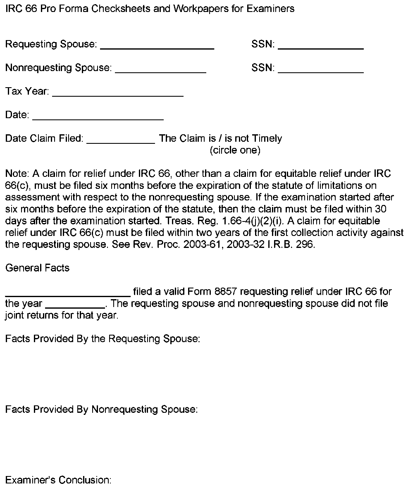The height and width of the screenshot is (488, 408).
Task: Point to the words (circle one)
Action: [x=235, y=150]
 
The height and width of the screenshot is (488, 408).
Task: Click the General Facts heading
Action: [x=37, y=268]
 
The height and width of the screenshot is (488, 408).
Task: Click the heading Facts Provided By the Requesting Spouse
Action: [x=103, y=339]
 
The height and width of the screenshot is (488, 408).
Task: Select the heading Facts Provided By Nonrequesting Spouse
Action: [x=101, y=409]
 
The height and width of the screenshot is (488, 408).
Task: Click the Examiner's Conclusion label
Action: [x=58, y=480]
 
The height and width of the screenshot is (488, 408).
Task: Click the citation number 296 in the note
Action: [x=306, y=244]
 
